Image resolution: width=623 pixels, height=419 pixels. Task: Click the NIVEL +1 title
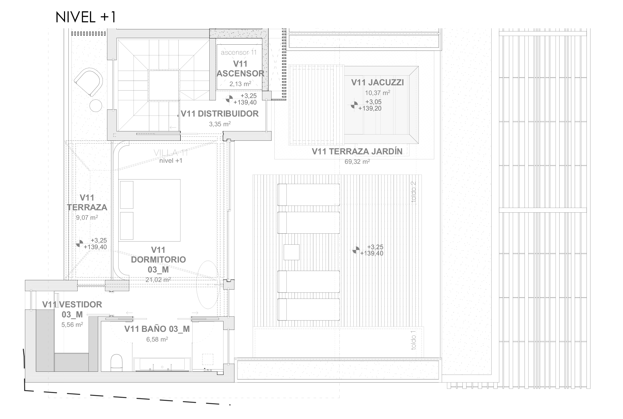coord(86,17)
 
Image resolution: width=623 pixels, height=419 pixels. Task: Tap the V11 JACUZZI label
coord(377,82)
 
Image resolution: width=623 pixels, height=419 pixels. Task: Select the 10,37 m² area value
coord(377,93)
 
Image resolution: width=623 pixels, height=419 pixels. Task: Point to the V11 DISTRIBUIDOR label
coord(220,114)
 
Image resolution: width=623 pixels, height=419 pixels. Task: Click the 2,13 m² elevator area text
coord(240,84)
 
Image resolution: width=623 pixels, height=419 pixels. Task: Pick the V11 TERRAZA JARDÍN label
coord(357,151)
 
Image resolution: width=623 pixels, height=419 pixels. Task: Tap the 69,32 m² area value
coord(357,161)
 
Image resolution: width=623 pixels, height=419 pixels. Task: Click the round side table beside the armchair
coord(95,106)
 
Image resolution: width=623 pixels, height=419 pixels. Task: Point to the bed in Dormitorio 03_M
coord(150,210)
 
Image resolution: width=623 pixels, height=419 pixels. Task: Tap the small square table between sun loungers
coord(291,252)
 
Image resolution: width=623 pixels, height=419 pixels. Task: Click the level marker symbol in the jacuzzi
coord(354,105)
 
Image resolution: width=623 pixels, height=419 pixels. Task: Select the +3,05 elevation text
coord(373,102)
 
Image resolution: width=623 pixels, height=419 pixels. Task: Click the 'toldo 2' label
coord(413,192)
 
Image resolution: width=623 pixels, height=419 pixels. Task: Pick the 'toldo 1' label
coord(413,340)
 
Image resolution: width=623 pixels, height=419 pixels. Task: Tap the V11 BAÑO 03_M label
coord(157,329)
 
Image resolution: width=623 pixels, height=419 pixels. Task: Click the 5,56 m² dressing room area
coord(72,325)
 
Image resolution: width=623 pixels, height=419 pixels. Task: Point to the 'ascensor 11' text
coord(239,53)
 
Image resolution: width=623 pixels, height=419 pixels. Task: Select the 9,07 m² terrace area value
coord(87,218)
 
